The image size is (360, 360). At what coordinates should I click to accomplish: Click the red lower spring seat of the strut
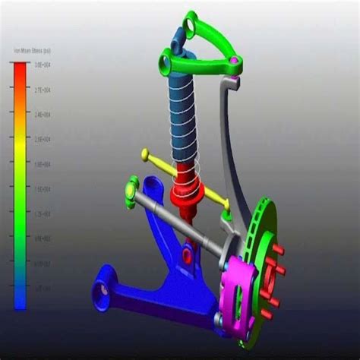(186, 191)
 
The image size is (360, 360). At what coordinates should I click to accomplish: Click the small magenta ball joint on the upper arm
(235, 60)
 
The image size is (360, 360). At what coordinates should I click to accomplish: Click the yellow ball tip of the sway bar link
(145, 155)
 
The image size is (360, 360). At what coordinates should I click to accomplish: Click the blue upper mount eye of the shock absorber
(176, 35)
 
